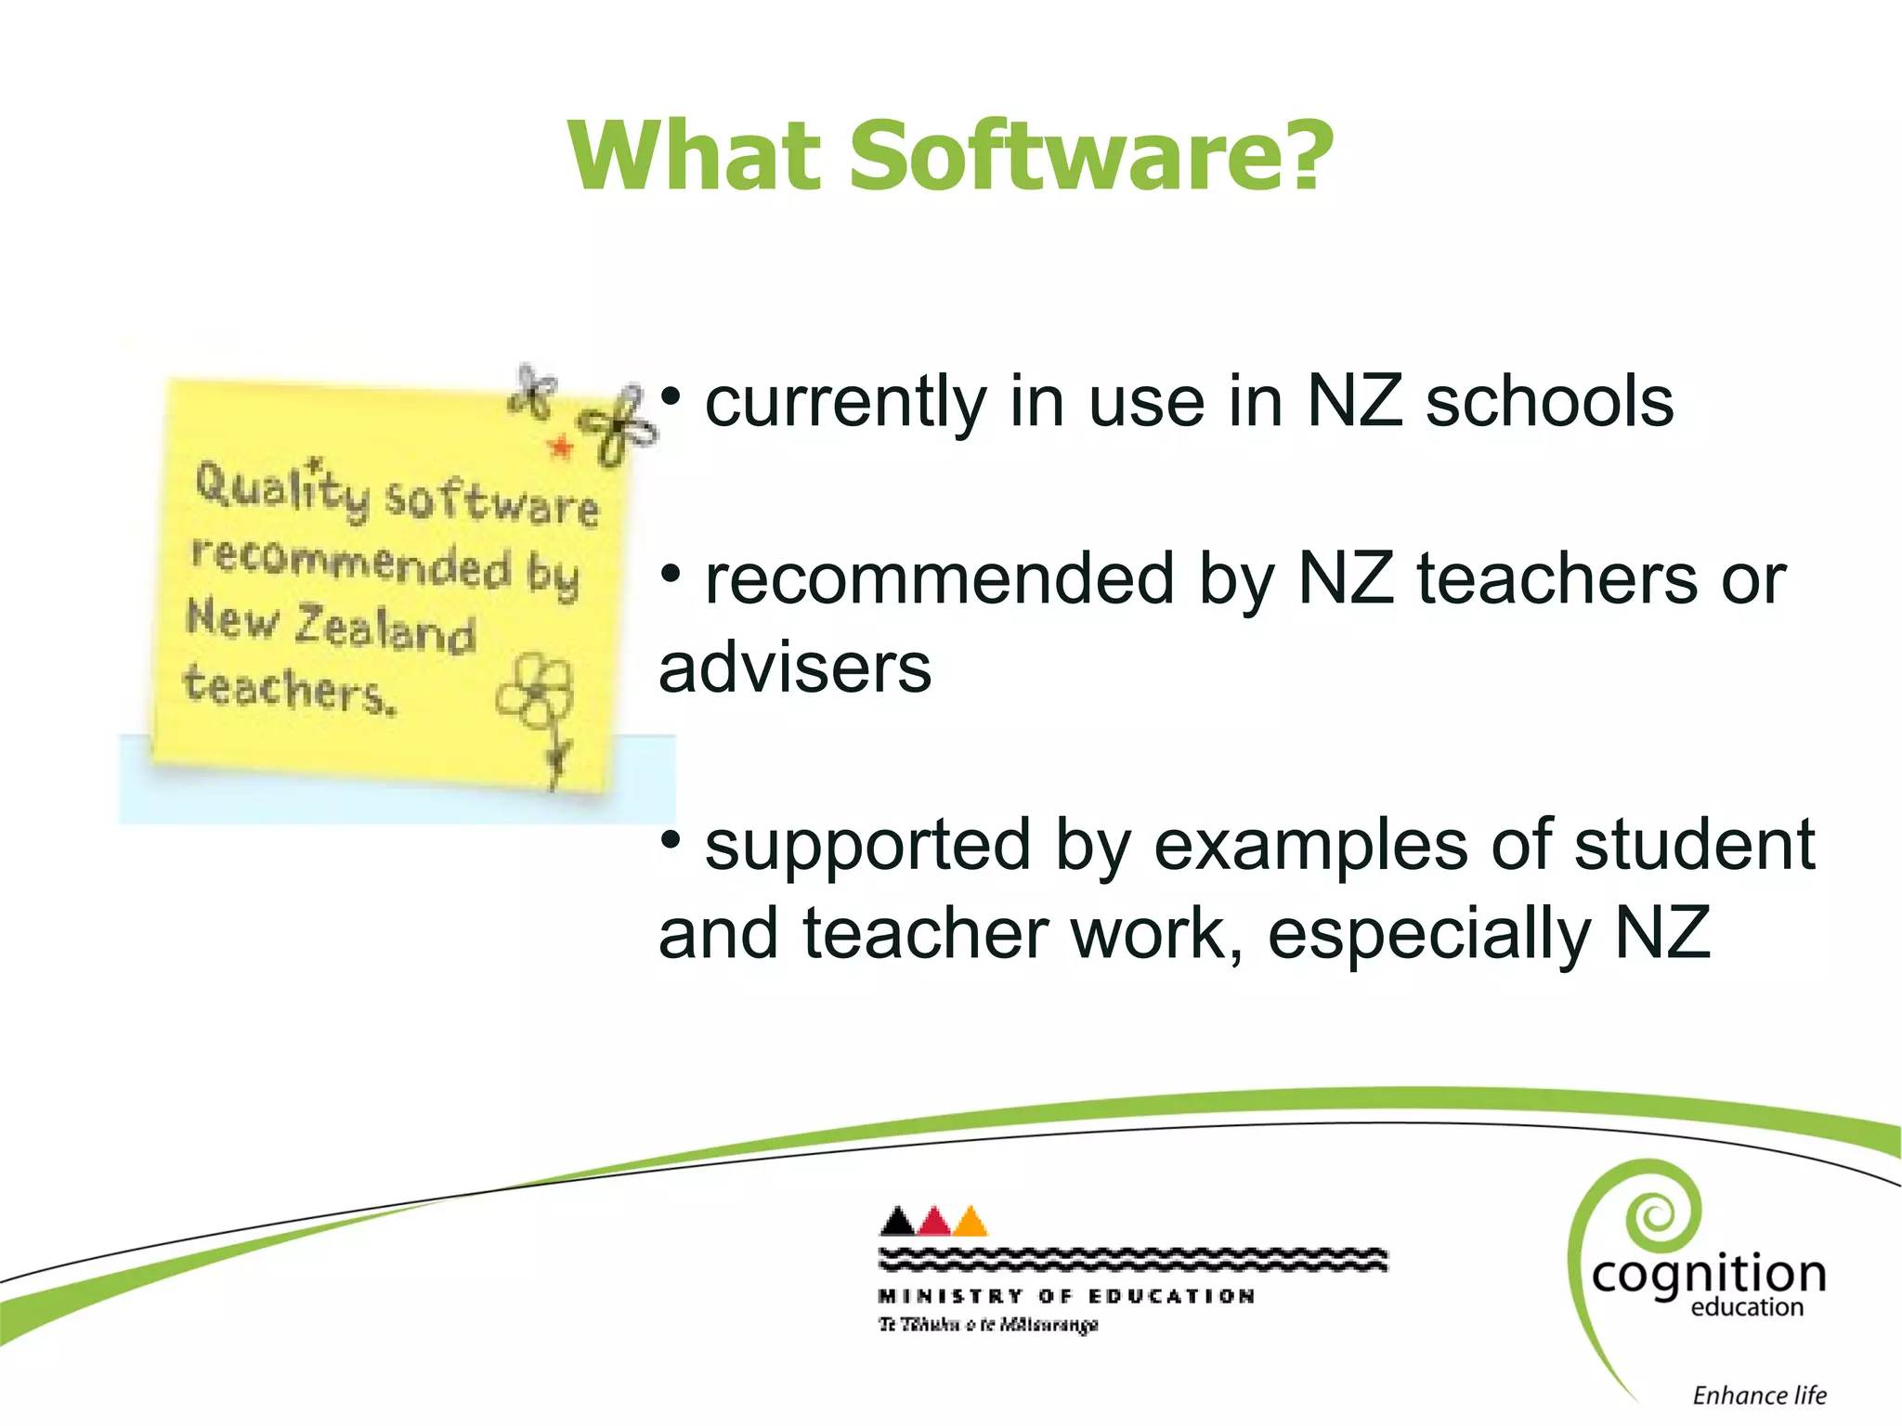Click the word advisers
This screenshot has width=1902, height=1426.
795,668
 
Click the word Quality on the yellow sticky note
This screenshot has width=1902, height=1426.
281,487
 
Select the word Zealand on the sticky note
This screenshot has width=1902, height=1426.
384,629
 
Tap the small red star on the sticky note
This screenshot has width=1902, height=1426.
561,447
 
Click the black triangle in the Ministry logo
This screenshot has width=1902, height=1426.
897,1222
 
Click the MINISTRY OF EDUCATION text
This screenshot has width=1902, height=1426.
1066,1296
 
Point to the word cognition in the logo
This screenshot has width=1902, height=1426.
1709,1275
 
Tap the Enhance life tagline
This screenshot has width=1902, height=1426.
1759,1395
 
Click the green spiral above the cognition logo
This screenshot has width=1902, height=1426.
1657,1211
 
